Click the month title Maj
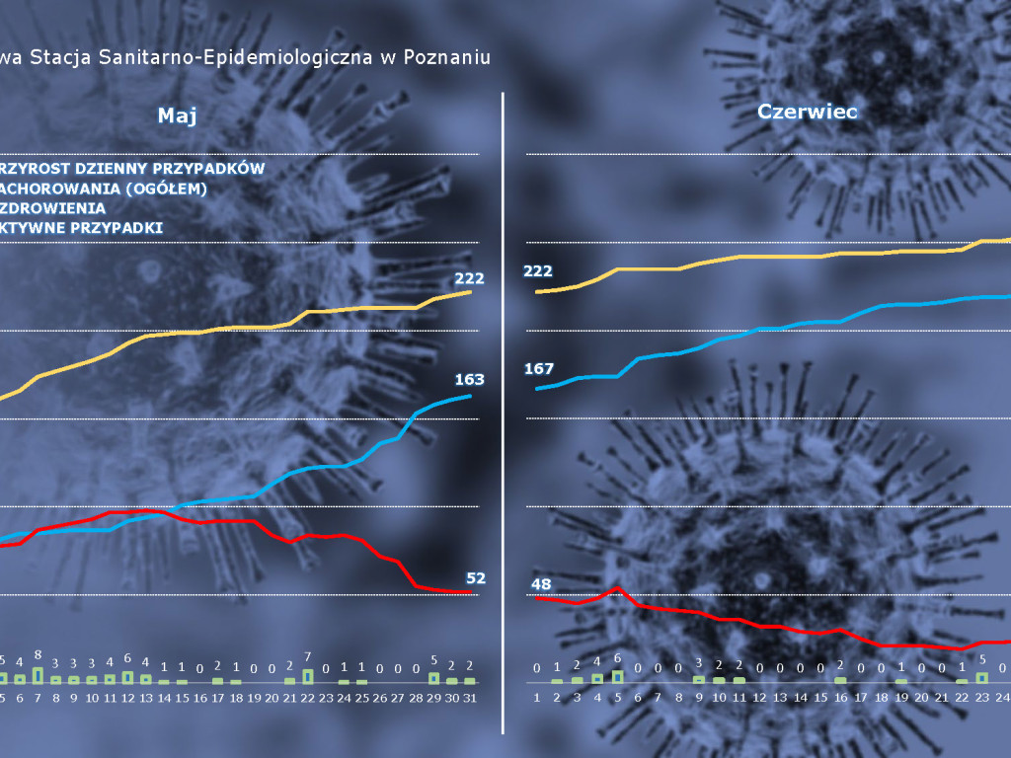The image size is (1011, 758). (178, 115)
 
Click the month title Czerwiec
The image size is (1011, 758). (808, 112)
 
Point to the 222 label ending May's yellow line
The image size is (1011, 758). (469, 278)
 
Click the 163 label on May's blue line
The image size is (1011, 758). (469, 379)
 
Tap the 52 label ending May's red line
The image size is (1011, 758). (475, 577)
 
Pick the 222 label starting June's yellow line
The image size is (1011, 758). (538, 271)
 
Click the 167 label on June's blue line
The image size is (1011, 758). (539, 369)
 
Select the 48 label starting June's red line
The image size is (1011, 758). (541, 583)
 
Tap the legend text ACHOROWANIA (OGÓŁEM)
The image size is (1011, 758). (104, 189)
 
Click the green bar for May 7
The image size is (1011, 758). (38, 675)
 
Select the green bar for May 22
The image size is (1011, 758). (308, 676)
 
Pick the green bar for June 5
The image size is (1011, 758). (618, 676)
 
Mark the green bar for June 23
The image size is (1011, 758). (982, 677)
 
